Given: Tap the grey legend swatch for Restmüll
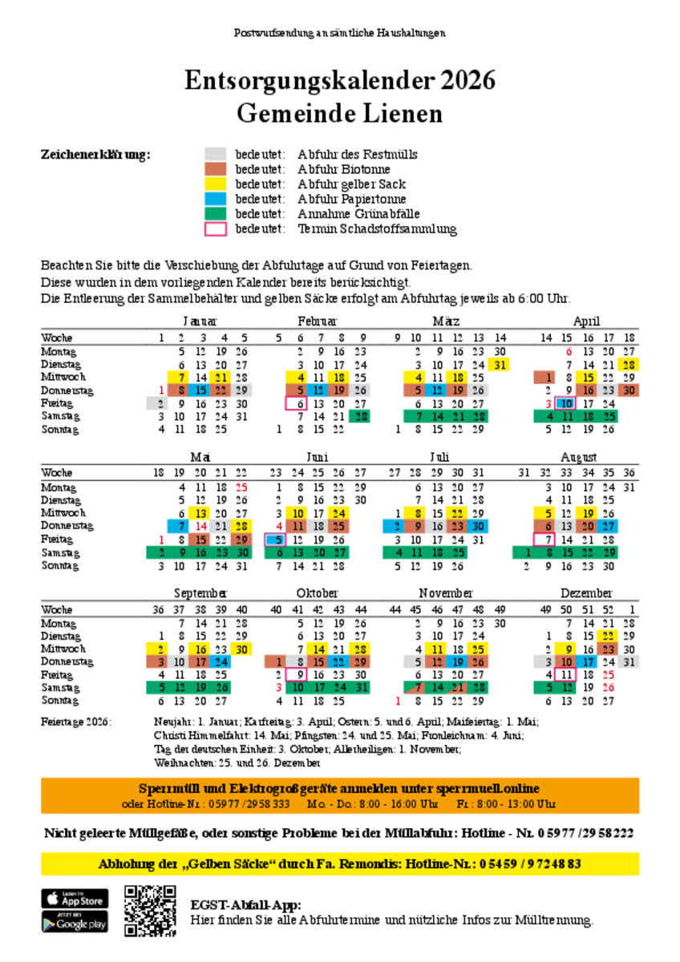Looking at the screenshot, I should [x=216, y=154].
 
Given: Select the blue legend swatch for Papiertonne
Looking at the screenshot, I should [x=216, y=199].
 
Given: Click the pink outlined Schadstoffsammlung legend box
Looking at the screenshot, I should [x=216, y=229].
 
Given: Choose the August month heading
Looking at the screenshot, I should [x=584, y=458].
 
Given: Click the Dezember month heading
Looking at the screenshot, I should [x=585, y=593].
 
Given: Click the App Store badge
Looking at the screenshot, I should [x=75, y=899].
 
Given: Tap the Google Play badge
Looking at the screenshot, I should [x=75, y=923].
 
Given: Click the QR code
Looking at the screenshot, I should [x=150, y=911].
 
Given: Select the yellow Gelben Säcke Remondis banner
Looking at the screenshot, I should [x=340, y=864].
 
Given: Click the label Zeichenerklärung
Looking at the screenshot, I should [x=95, y=155].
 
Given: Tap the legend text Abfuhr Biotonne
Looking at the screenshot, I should [x=343, y=169].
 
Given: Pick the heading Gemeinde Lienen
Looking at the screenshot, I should [x=339, y=114].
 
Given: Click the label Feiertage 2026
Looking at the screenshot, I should [x=76, y=722].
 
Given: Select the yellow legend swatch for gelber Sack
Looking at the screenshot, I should [x=216, y=184].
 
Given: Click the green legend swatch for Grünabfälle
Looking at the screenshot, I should [x=216, y=214].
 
